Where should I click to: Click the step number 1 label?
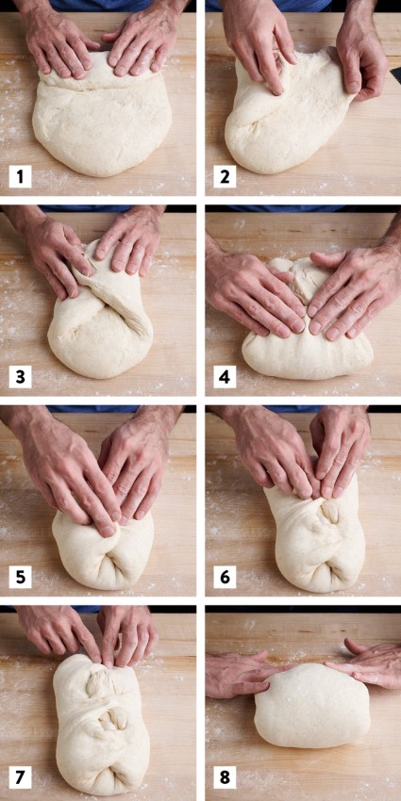point(19,175)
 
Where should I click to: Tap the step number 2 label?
point(224,175)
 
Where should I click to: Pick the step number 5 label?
point(19,577)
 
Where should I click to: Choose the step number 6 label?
point(224,577)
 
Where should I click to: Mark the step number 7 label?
point(19,778)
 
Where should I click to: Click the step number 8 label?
point(224,778)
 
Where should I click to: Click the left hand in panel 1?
point(57,47)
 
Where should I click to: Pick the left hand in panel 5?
point(71,471)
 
